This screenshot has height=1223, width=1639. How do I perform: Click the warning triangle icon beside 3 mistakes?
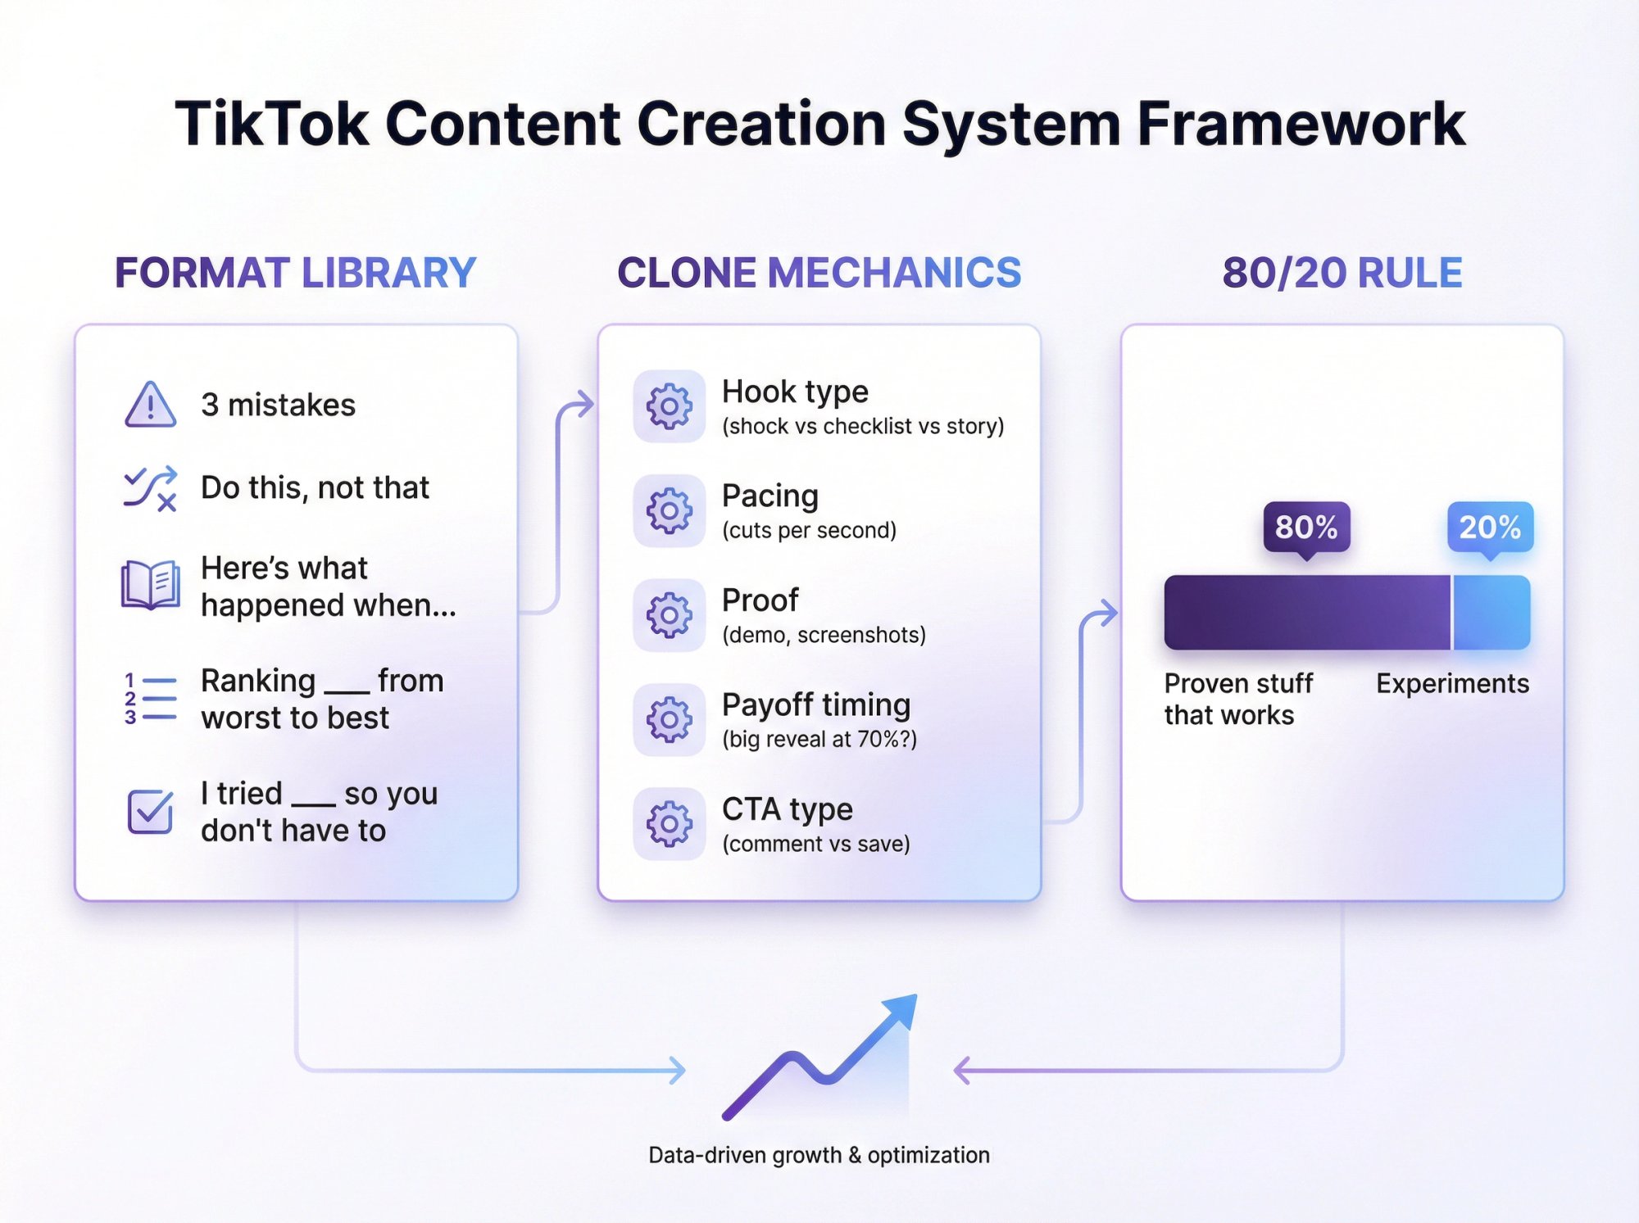click(150, 405)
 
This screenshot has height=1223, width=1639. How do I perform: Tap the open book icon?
click(150, 585)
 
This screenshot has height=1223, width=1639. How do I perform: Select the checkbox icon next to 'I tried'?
click(150, 812)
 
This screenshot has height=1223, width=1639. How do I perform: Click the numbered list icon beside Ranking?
click(150, 699)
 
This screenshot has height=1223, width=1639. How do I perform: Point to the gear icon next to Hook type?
click(669, 406)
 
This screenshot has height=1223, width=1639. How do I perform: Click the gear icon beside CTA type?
click(669, 824)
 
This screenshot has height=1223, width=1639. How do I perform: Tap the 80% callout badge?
click(1306, 528)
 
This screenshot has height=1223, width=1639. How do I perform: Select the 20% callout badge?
click(1490, 528)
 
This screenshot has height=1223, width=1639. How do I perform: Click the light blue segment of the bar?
click(1491, 613)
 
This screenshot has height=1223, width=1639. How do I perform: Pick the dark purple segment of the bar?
click(1307, 613)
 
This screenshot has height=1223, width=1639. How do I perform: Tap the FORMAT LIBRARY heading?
click(295, 273)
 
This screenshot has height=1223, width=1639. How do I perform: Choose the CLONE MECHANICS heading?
click(819, 273)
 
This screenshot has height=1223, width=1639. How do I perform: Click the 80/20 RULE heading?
click(1342, 273)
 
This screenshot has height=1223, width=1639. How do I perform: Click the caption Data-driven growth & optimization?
click(819, 1155)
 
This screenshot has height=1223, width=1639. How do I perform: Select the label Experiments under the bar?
click(1452, 683)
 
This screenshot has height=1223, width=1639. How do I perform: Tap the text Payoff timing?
click(816, 704)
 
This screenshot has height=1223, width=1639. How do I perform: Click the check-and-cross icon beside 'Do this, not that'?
click(150, 488)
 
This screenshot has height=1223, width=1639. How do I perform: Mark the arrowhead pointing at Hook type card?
click(584, 404)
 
